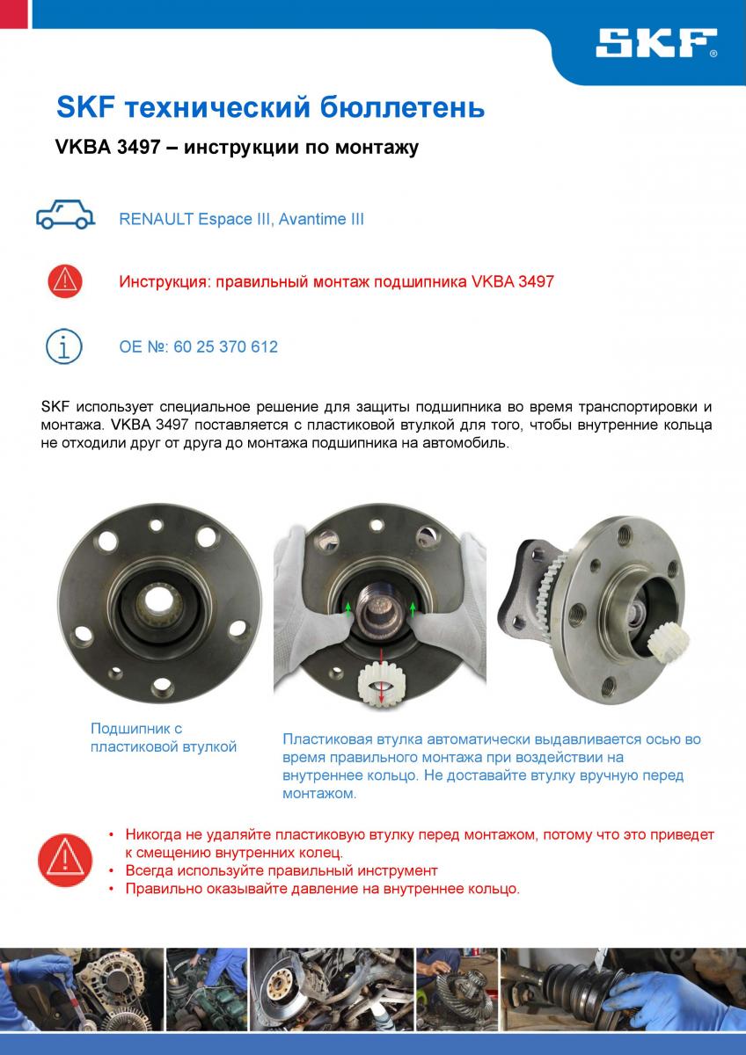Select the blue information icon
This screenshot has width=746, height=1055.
pyautogui.click(x=64, y=346)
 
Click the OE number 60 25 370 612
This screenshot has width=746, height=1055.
pyautogui.click(x=226, y=347)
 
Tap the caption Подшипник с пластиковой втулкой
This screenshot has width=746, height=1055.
pyautogui.click(x=164, y=738)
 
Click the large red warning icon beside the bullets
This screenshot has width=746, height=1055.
pyautogui.click(x=65, y=861)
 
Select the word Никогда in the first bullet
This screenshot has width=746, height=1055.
pyautogui.click(x=155, y=834)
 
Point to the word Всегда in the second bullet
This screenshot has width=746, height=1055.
pyautogui.click(x=150, y=871)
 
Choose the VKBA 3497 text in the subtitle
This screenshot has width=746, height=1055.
pyautogui.click(x=107, y=148)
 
